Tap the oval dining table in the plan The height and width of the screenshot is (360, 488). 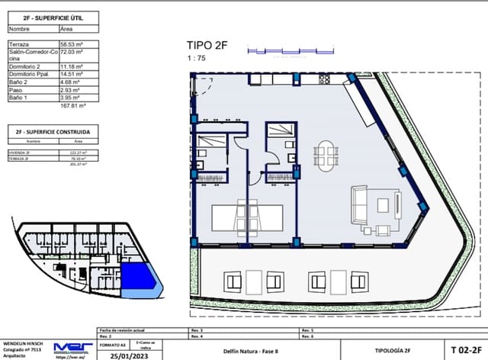pyautogui.click(x=327, y=155)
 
